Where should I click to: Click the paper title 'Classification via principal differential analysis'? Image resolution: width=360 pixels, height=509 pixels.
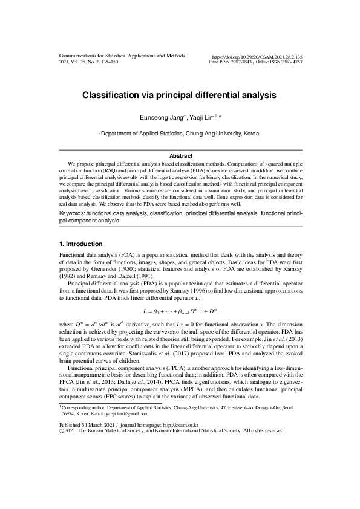(x=180, y=95)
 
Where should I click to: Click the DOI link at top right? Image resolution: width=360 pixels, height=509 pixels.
(x=257, y=56)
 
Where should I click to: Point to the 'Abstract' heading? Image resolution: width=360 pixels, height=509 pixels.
(x=180, y=156)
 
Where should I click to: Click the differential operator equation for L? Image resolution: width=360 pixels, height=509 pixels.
(x=180, y=311)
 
